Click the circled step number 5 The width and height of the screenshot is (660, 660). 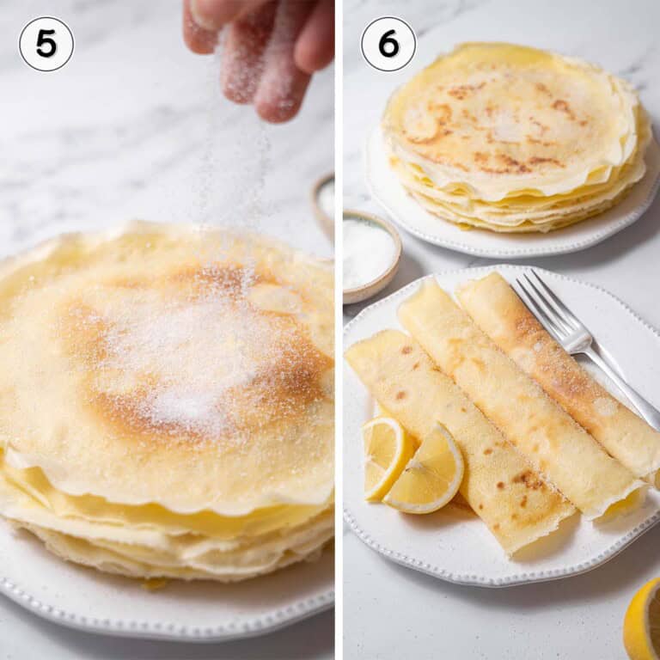click(46, 44)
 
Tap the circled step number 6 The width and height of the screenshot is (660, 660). click(388, 44)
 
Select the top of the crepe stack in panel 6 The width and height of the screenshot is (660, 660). click(507, 120)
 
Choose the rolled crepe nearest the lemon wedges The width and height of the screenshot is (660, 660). click(464, 438)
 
